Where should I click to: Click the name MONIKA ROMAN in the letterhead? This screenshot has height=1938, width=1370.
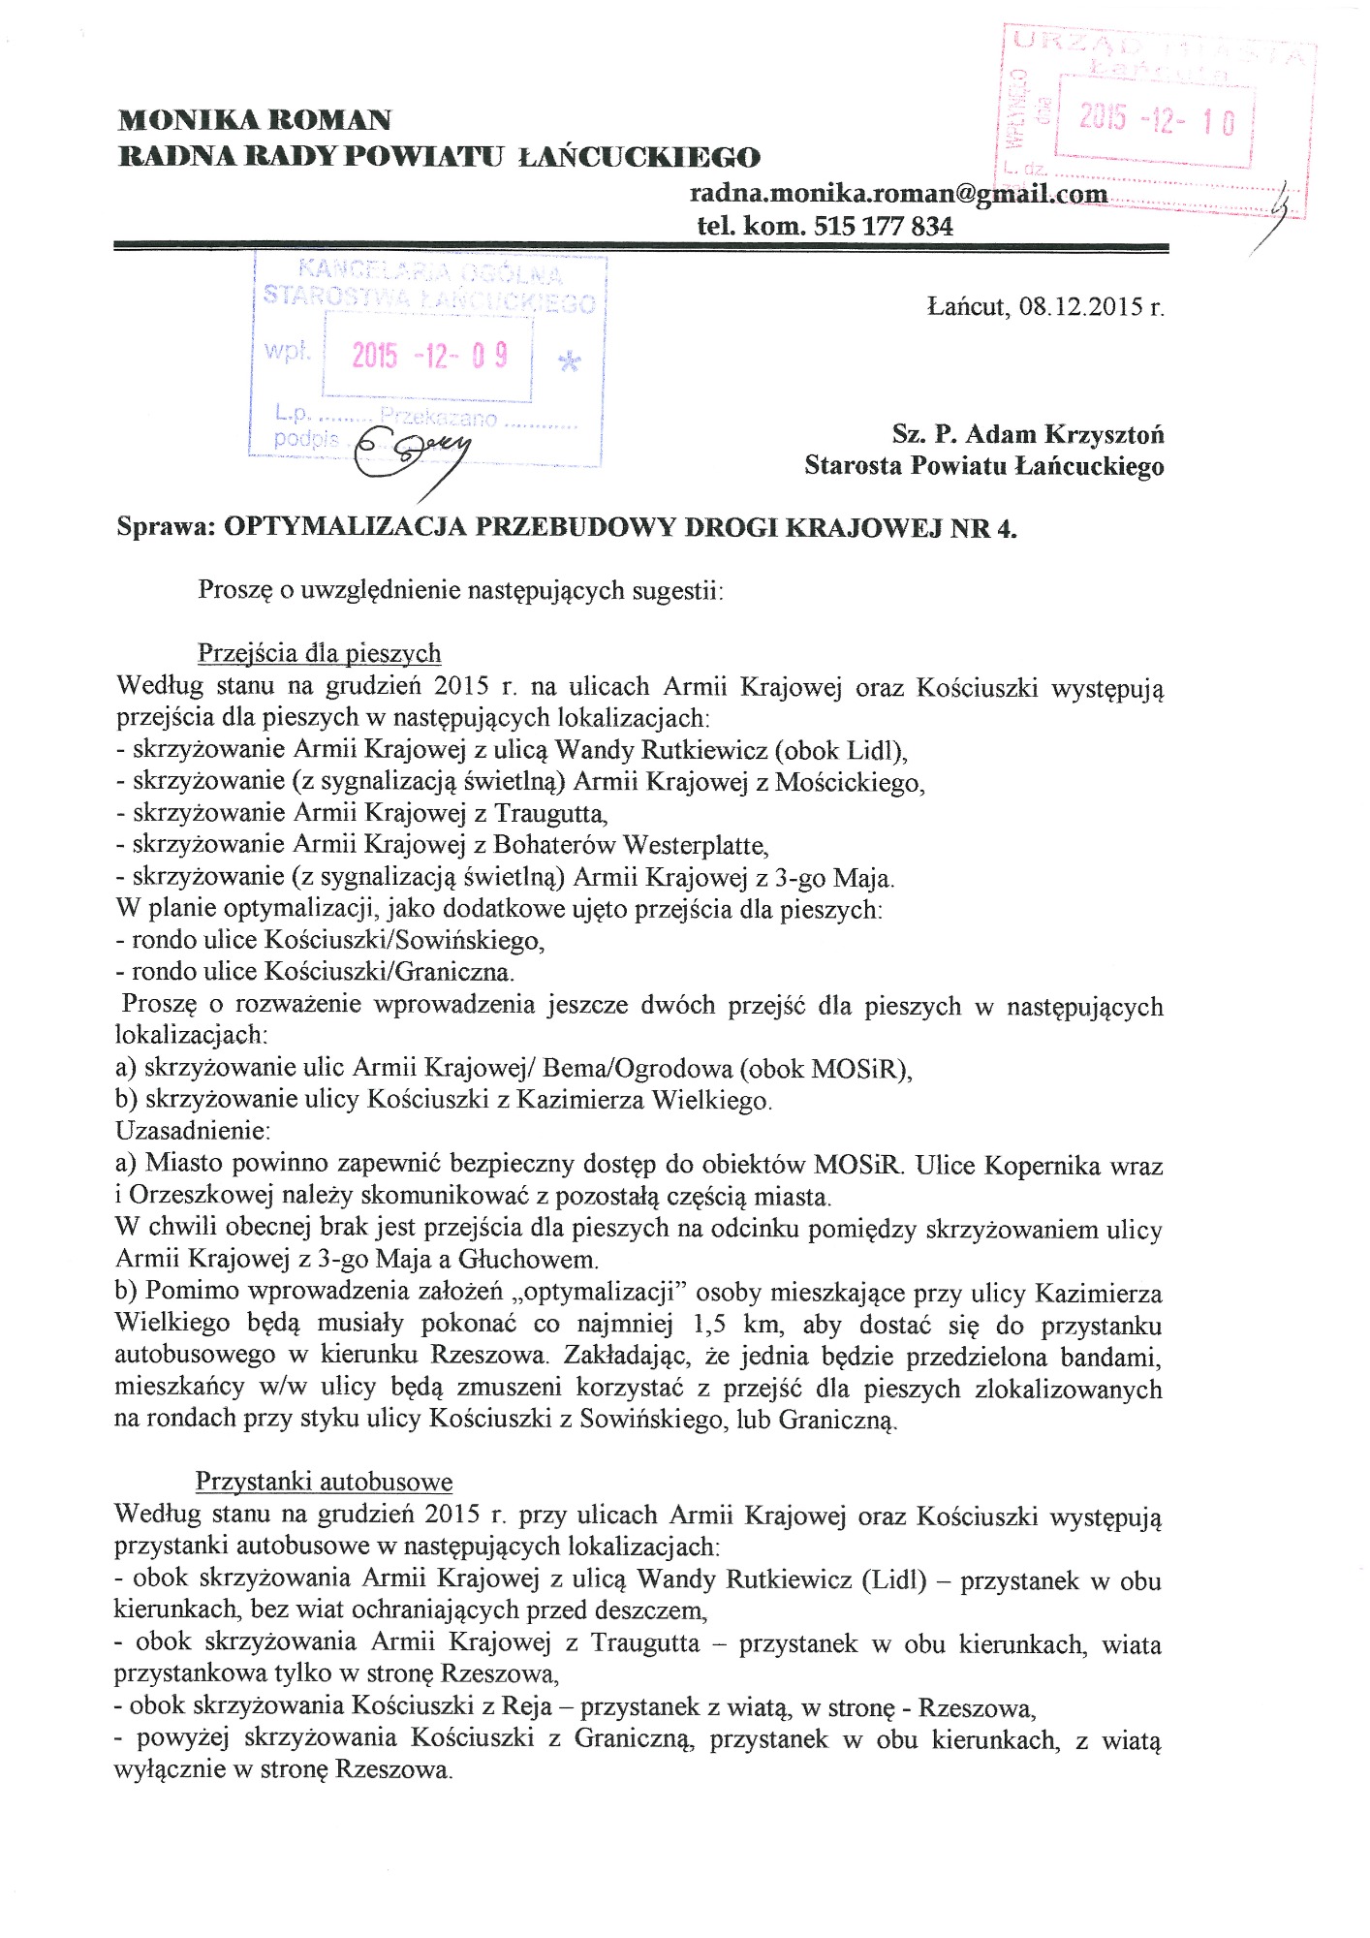255,120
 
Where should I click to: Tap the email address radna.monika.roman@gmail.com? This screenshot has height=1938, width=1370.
898,193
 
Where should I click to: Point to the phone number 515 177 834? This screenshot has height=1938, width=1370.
884,227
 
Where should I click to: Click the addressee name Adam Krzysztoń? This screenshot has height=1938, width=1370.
1065,433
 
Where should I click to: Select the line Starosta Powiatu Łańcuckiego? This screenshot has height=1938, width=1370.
983,466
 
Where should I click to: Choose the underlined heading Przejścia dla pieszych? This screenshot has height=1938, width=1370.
319,653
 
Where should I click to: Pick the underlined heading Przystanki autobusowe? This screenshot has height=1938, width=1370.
324,1482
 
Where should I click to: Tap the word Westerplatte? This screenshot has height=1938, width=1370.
695,845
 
